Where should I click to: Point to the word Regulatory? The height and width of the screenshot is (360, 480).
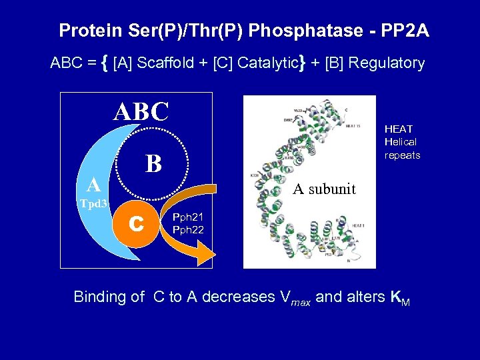(387, 63)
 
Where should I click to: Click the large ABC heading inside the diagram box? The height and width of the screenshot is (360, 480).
(141, 112)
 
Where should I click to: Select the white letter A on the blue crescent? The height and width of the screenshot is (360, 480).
(94, 185)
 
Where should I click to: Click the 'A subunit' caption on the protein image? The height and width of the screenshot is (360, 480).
(325, 189)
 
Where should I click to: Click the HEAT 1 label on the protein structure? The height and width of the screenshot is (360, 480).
(358, 225)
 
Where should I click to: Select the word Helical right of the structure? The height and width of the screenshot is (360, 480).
(401, 142)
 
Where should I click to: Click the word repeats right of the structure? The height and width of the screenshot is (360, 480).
(403, 155)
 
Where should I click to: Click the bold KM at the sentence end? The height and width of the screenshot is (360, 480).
(401, 298)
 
